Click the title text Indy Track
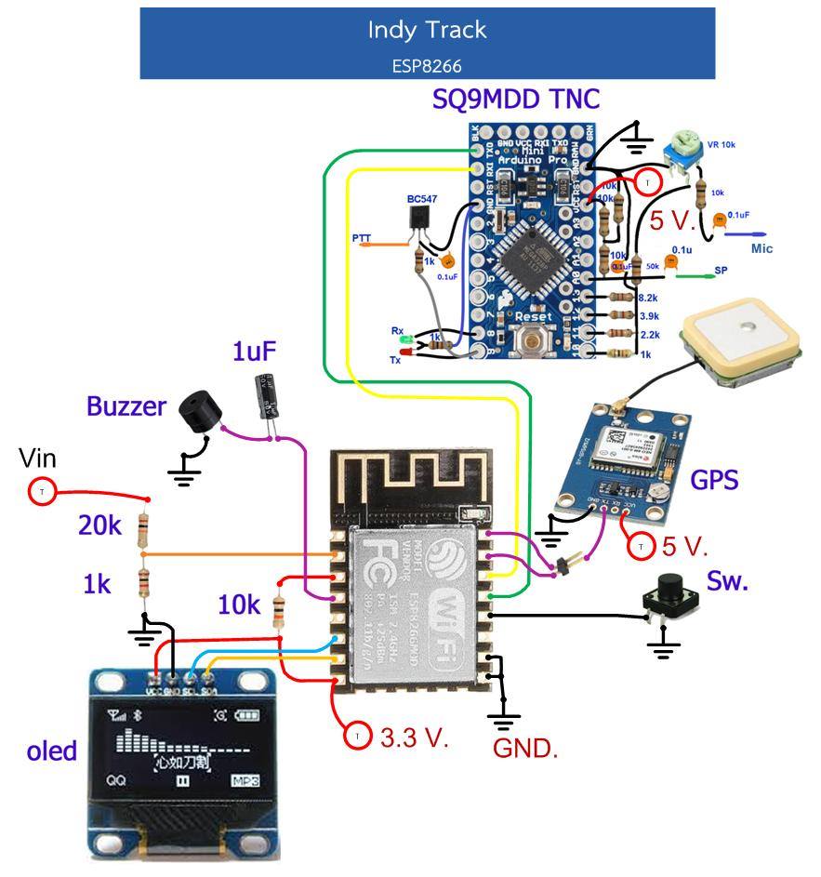pos(427,30)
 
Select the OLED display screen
pos(183,749)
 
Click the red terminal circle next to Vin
pos(41,491)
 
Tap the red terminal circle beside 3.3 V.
pos(358,737)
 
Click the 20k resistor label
pos(99,525)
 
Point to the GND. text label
pos(525,749)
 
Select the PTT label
pos(362,239)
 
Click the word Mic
pos(761,248)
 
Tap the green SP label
pos(721,272)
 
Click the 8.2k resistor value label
pos(648,298)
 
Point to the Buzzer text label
pos(126,405)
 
